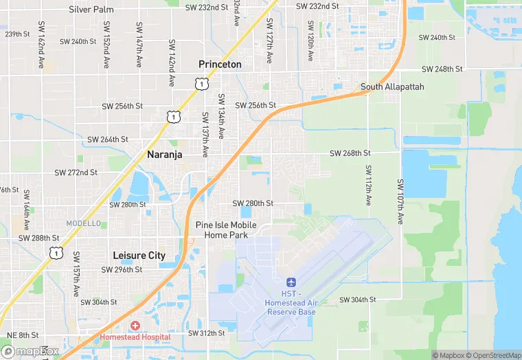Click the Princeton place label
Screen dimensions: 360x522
click(x=220, y=64)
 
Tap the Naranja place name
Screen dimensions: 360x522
click(x=165, y=155)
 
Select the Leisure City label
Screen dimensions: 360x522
click(x=139, y=255)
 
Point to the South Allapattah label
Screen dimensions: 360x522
click(x=392, y=87)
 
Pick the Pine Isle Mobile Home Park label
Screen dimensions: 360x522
click(x=226, y=229)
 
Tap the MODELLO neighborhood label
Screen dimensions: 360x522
click(x=83, y=223)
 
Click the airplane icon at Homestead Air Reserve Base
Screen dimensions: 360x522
click(x=291, y=282)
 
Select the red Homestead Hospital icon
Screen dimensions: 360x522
click(x=135, y=325)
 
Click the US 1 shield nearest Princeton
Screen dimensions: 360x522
click(x=201, y=84)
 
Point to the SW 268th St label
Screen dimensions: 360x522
click(x=350, y=153)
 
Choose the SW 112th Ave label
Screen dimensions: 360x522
click(x=369, y=185)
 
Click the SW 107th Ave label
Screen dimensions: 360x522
click(x=400, y=201)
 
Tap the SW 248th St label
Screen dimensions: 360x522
click(x=442, y=69)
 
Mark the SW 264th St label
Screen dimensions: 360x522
click(x=108, y=139)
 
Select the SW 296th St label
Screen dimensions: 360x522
click(x=122, y=270)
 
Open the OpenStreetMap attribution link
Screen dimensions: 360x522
click(x=488, y=355)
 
